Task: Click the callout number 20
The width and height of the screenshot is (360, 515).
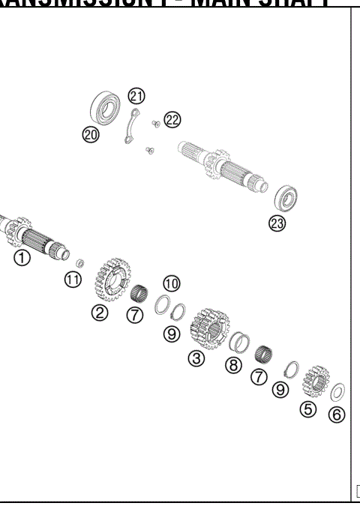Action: (x=91, y=134)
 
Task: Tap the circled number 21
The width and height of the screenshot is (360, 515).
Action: (x=136, y=95)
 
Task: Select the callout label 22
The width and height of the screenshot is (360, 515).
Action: (x=172, y=119)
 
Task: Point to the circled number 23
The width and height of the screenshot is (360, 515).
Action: (x=277, y=223)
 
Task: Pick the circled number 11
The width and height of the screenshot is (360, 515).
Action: (x=72, y=280)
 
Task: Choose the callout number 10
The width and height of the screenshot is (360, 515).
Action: (x=172, y=283)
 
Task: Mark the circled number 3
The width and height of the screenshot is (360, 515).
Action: (x=196, y=358)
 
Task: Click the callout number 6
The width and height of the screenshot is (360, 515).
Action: (x=337, y=414)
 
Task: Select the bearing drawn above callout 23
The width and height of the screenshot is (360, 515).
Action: (x=287, y=198)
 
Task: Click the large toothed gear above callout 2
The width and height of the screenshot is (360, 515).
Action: (x=109, y=279)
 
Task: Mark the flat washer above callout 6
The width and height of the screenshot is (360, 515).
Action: (x=338, y=392)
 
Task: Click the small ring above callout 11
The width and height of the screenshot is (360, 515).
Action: (x=79, y=262)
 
